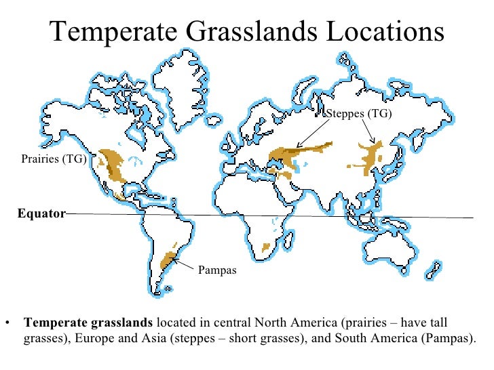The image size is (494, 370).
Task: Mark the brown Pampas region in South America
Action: [x=168, y=260]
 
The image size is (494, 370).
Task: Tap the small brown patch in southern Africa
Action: [x=267, y=247]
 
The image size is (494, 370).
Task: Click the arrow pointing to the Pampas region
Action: [x=185, y=262]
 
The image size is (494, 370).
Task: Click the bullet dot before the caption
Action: [x=7, y=322]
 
